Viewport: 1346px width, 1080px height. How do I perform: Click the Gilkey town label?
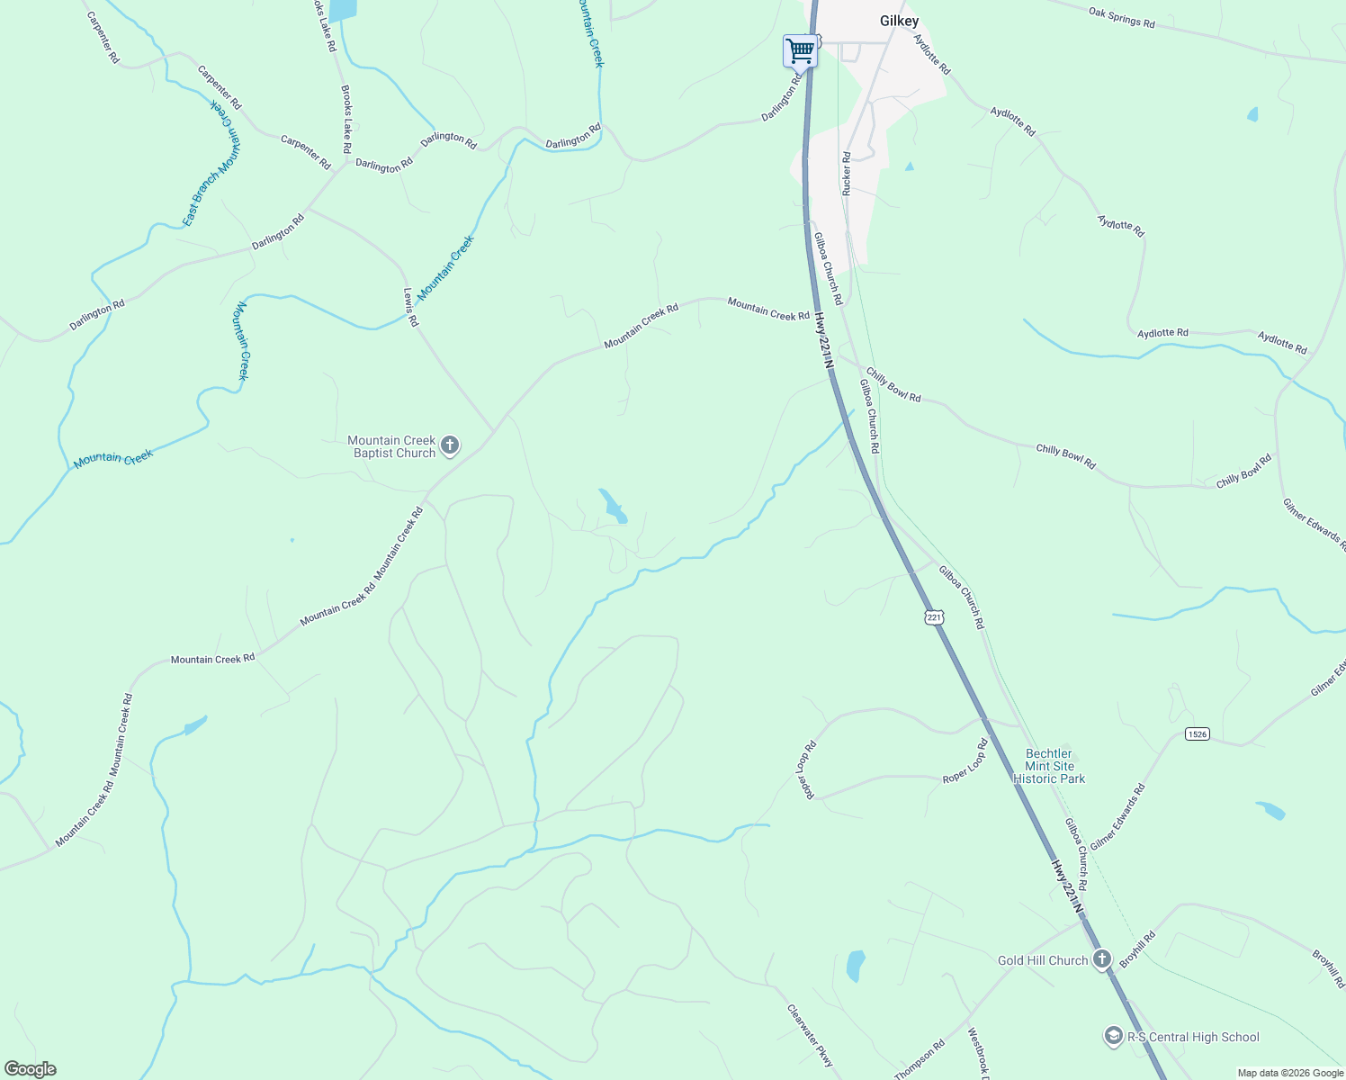[899, 21]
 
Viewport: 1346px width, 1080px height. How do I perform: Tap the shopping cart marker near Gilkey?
[799, 51]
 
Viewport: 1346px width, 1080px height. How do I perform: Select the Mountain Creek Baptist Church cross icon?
[451, 445]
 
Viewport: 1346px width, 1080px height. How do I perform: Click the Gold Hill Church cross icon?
[1102, 959]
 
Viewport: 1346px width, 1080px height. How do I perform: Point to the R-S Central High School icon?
[1114, 1037]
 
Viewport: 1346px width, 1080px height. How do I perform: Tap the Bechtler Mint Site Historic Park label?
[1049, 766]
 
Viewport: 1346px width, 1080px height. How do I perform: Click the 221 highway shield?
[934, 616]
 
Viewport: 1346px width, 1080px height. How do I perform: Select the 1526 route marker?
[1197, 734]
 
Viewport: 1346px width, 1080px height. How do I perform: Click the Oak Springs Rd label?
[1121, 17]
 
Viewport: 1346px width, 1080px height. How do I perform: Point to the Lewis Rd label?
[410, 307]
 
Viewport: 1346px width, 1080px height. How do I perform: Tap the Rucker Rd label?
[847, 174]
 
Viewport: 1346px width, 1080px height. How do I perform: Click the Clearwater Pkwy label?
[810, 1036]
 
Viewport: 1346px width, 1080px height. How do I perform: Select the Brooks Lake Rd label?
[345, 119]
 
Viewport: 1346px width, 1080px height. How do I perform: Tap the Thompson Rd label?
[920, 1059]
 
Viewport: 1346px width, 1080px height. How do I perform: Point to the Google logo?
[30, 1069]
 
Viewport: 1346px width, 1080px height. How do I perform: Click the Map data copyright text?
[1290, 1073]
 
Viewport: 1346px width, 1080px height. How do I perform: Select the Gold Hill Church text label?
[1043, 960]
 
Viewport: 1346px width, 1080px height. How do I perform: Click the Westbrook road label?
[978, 1054]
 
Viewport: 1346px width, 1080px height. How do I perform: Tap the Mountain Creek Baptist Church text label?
[393, 446]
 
